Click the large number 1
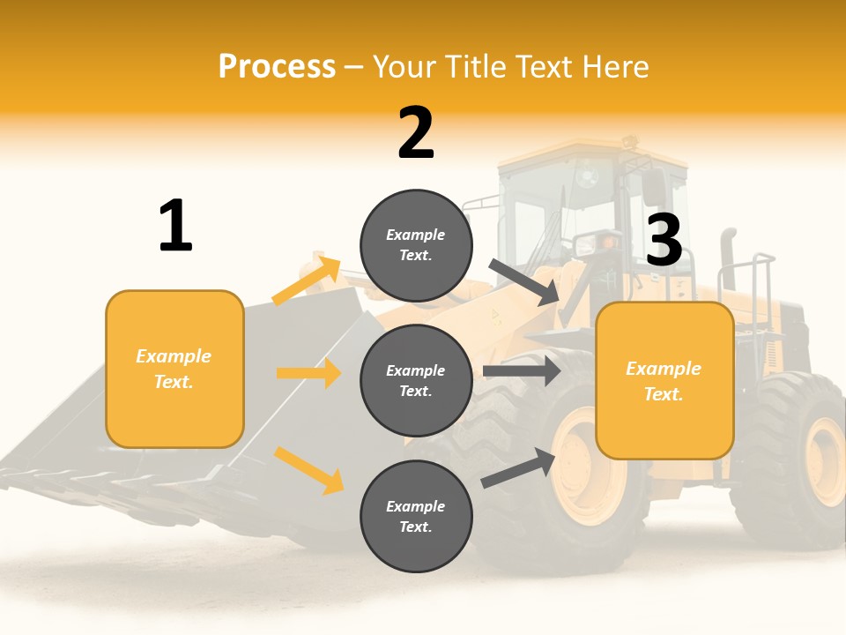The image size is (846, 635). click(175, 226)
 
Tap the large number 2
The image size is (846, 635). click(416, 133)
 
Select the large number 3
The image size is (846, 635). click(664, 240)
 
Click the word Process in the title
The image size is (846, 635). click(277, 66)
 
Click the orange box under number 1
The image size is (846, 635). click(174, 369)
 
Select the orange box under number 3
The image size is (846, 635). click(664, 381)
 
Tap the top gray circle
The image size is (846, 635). click(416, 245)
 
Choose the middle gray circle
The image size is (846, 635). click(416, 380)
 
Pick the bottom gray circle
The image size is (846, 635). click(416, 516)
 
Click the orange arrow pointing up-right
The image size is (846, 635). click(306, 280)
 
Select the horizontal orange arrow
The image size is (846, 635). click(308, 373)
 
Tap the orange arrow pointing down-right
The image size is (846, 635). click(308, 469)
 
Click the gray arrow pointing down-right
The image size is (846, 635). click(524, 282)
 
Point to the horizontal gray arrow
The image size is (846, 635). click(522, 370)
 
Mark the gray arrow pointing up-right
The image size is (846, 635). click(518, 468)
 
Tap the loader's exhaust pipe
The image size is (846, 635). click(728, 260)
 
